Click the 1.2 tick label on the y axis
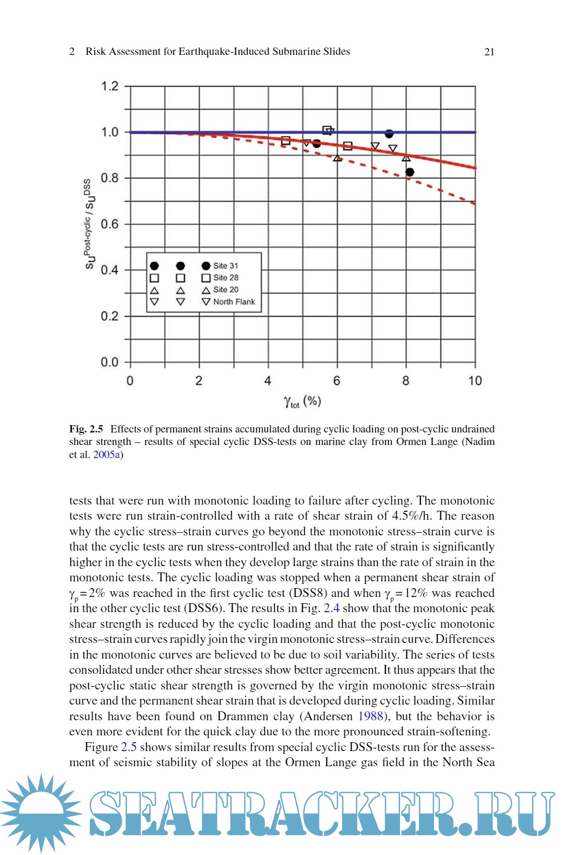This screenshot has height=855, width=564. (110, 86)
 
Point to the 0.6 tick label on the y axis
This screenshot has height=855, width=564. (110, 224)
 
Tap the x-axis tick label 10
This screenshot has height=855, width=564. (475, 381)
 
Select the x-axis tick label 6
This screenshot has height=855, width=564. (337, 381)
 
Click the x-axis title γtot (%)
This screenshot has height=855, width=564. (302, 401)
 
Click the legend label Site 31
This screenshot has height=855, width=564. (226, 266)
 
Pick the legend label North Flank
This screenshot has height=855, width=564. (234, 302)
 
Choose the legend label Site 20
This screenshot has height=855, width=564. (226, 290)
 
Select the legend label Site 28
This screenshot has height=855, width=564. (226, 278)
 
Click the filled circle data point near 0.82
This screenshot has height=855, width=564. (410, 172)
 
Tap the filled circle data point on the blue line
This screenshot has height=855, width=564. (389, 134)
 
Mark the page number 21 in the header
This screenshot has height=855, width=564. (489, 52)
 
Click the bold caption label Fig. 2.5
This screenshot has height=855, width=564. (86, 429)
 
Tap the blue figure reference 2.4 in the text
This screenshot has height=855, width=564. (332, 608)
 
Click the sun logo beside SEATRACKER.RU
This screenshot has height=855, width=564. (41, 812)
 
